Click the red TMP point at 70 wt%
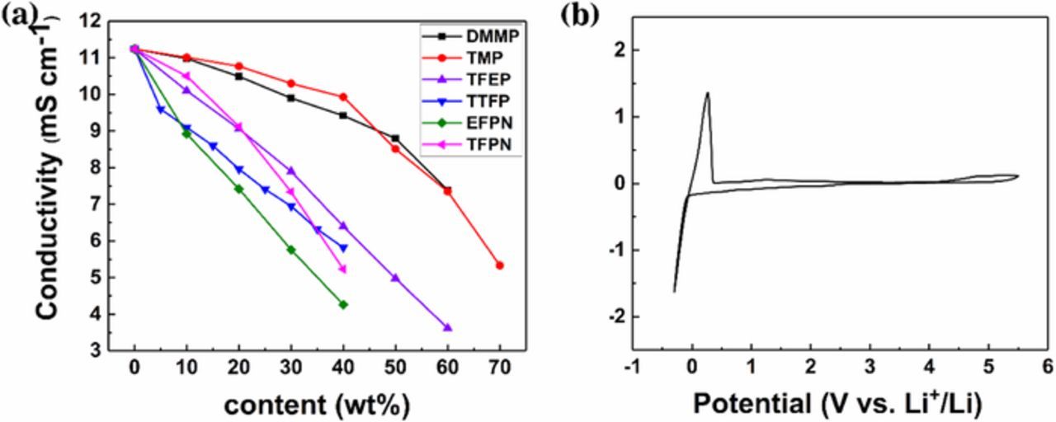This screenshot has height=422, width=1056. (500, 265)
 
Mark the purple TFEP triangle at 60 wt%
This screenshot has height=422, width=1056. (448, 327)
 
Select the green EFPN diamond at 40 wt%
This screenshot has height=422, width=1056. (343, 304)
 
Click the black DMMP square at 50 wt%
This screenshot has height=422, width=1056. (395, 138)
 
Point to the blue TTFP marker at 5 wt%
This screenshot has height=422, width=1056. (161, 109)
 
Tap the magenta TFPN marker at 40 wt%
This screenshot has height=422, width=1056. (343, 270)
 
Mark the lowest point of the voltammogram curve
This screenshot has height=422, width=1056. (674, 291)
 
